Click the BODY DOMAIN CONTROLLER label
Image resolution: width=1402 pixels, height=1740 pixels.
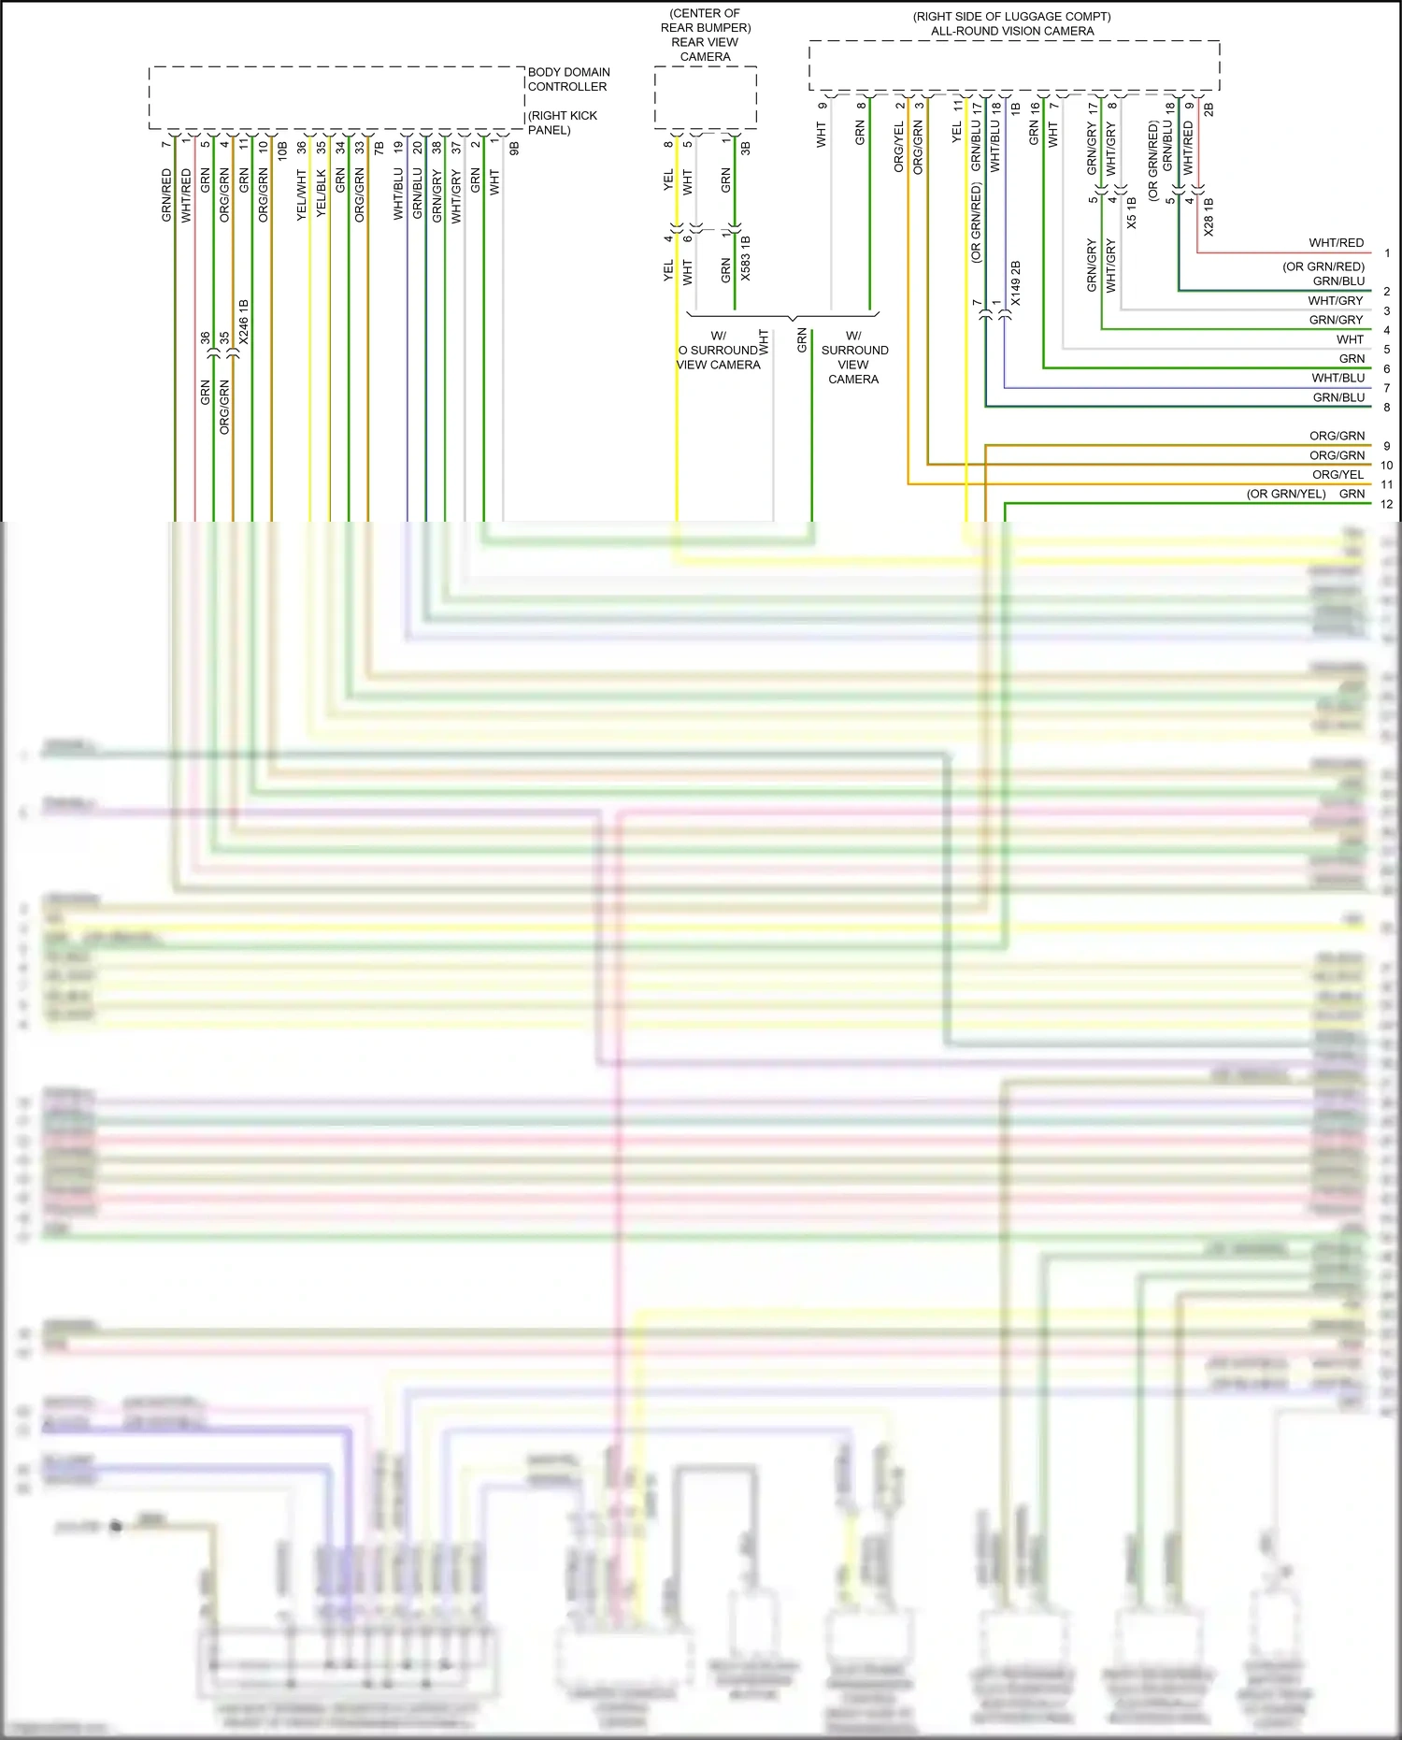568,79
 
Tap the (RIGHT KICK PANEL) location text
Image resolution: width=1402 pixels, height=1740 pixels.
562,122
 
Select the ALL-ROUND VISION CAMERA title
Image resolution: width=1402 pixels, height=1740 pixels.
1012,31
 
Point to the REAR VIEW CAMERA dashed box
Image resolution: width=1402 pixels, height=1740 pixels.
705,97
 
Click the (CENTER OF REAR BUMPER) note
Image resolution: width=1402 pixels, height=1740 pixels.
705,21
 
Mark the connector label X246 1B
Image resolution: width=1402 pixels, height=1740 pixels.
244,322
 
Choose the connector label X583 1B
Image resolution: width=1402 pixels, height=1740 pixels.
746,259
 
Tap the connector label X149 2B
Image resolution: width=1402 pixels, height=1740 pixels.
1016,283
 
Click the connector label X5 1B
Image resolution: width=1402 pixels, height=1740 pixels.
1132,213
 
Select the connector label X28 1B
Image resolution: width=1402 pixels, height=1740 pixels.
1209,216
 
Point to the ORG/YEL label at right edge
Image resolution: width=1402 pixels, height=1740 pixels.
1338,475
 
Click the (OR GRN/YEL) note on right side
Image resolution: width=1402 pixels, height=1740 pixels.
1285,494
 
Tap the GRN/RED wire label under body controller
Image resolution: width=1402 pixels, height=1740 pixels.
166,195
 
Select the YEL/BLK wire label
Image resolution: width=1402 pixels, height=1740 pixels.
322,194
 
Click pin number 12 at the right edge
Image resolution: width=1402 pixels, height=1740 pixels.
1386,504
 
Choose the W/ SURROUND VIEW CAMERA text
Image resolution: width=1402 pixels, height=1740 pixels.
854,357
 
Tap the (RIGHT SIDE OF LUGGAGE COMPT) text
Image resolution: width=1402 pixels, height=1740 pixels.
1011,17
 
